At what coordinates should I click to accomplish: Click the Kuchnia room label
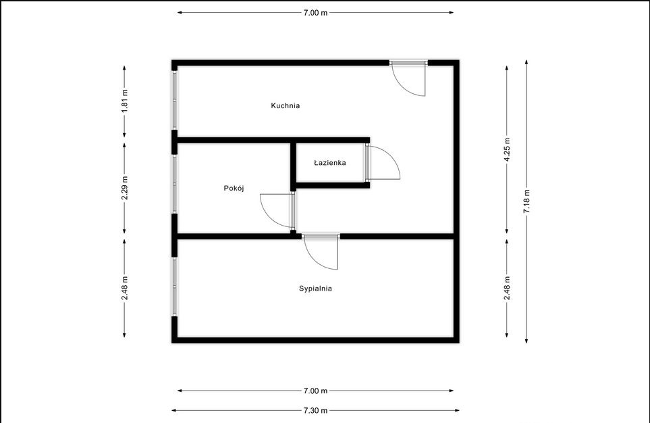click(x=286, y=105)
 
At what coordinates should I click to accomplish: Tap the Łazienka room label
click(x=329, y=163)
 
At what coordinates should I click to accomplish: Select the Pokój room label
click(x=234, y=188)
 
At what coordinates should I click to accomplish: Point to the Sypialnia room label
click(x=315, y=289)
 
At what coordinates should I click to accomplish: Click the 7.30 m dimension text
click(x=315, y=411)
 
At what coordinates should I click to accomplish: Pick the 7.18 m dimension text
click(x=526, y=201)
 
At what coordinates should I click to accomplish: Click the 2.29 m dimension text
click(x=124, y=188)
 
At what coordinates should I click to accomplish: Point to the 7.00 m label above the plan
click(x=315, y=12)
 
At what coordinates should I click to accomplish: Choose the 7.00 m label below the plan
click(x=315, y=391)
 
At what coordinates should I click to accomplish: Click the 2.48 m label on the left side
click(x=124, y=288)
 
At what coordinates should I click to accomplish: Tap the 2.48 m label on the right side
click(x=507, y=288)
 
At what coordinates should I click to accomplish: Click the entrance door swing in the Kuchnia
click(x=402, y=87)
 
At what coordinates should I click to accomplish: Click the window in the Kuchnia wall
click(x=175, y=100)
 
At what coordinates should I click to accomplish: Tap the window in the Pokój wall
click(x=175, y=184)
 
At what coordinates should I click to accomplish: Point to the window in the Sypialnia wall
click(x=175, y=287)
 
